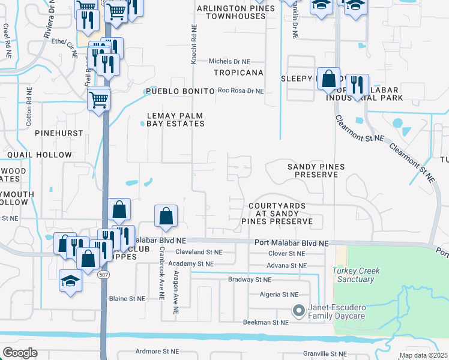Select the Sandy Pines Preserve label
point(313,170)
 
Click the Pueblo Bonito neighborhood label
point(180,91)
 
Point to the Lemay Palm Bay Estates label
point(176,119)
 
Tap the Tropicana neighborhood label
point(240,73)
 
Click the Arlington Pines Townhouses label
point(233,12)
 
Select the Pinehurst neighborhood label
point(53,132)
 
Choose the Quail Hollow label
point(40,155)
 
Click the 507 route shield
point(104,274)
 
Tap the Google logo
point(20,353)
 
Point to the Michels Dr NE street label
point(229,61)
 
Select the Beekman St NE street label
point(266,322)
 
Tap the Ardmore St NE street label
point(155,352)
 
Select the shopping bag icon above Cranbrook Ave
point(166,217)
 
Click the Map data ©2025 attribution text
point(423,355)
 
